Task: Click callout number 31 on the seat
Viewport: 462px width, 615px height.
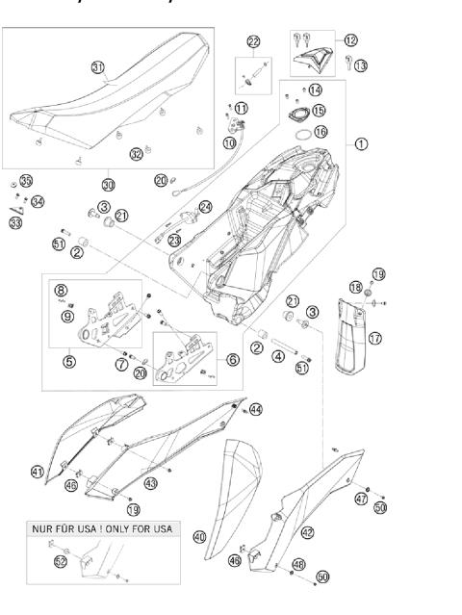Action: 98,67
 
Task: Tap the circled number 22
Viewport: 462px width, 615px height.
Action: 253,41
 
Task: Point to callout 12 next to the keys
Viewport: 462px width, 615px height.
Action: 350,39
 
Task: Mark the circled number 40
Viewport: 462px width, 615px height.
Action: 200,536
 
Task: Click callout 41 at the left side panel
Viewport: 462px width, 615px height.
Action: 37,472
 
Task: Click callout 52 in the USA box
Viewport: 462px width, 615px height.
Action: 62,560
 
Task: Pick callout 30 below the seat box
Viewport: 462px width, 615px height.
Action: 107,183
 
